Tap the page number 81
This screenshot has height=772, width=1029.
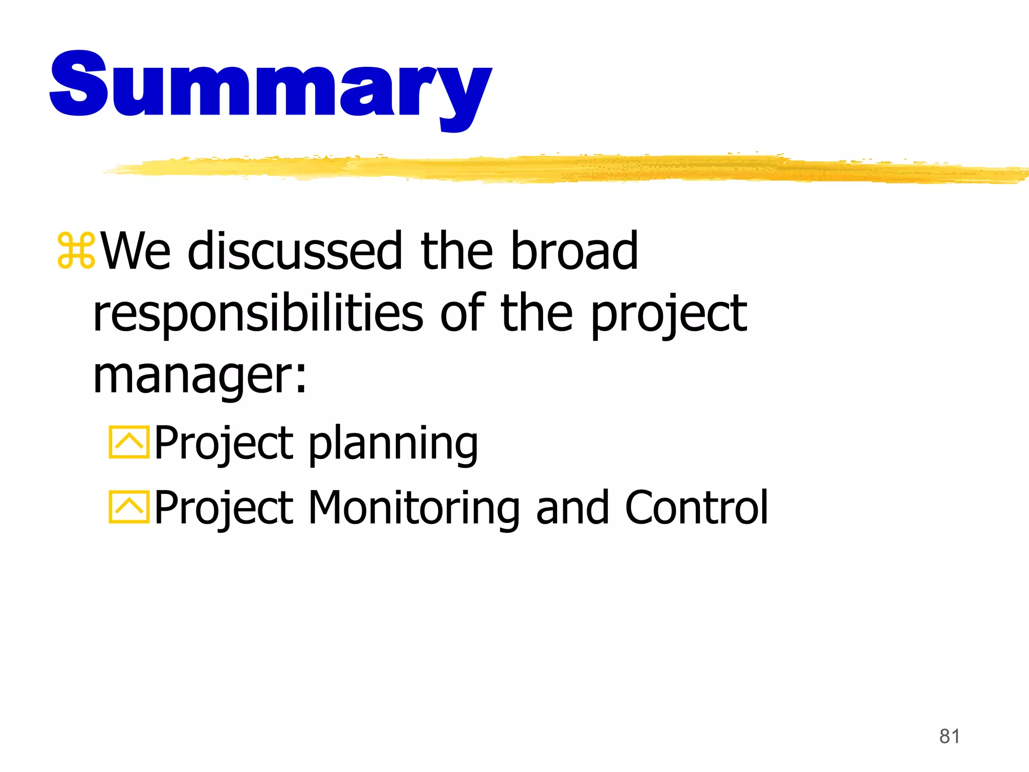tap(949, 736)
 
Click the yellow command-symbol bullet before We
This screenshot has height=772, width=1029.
tap(76, 250)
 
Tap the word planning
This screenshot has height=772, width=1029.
tap(393, 443)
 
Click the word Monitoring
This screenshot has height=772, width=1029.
tap(413, 508)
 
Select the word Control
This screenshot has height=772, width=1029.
tap(696, 507)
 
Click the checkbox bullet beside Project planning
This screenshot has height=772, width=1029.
tap(129, 443)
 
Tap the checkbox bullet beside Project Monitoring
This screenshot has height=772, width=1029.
tap(129, 507)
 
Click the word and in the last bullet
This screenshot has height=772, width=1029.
tap(572, 507)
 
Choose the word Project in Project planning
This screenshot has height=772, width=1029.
tap(224, 444)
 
